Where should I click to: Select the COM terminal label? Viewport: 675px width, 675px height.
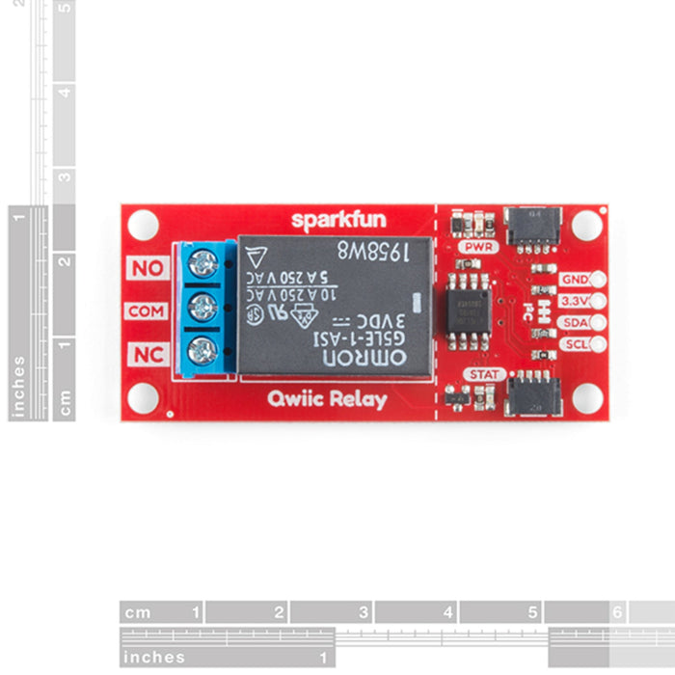(x=148, y=311)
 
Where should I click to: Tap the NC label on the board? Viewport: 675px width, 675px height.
(x=148, y=355)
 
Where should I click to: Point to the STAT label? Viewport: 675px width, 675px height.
(x=483, y=373)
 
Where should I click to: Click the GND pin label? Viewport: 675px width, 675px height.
(x=573, y=280)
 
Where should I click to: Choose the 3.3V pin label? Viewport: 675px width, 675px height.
(x=573, y=301)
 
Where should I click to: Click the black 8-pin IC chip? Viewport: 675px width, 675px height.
(x=467, y=310)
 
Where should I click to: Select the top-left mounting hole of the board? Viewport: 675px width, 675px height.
(x=143, y=225)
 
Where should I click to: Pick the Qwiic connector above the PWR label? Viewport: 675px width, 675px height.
(x=532, y=225)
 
